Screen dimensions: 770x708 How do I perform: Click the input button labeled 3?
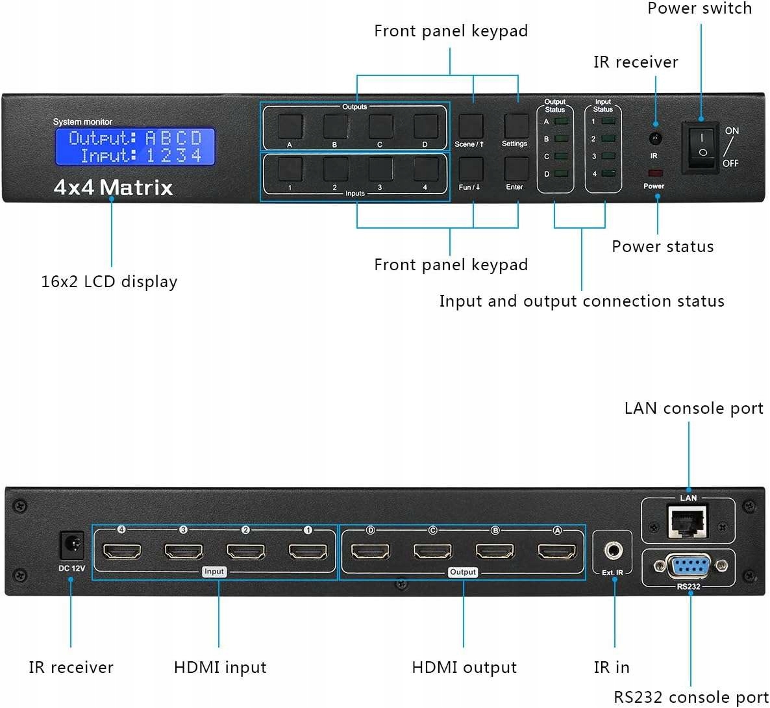(380, 170)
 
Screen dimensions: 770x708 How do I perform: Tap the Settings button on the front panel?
(516, 126)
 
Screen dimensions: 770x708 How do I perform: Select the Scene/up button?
(471, 126)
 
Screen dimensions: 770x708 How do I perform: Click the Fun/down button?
(471, 170)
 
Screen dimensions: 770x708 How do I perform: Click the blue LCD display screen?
(135, 146)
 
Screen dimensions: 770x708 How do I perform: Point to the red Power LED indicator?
(654, 173)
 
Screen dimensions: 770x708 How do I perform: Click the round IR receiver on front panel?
(655, 138)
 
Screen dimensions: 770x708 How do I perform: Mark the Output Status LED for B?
(562, 138)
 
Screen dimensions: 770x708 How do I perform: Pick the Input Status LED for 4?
(608, 173)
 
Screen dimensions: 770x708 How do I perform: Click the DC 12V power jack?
(71, 545)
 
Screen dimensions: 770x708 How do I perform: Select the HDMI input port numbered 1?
(308, 551)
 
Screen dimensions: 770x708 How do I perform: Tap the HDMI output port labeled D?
(370, 551)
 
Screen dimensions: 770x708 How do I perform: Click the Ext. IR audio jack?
(613, 551)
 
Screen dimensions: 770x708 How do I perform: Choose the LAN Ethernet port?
(688, 522)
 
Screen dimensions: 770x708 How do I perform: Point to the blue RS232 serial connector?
(689, 566)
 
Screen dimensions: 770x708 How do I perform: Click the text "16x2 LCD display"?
(109, 281)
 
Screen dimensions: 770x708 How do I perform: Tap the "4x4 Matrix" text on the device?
(114, 188)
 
